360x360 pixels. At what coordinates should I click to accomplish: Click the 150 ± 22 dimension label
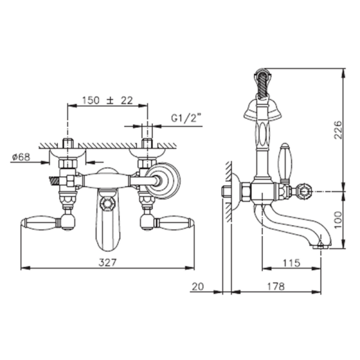point(107,100)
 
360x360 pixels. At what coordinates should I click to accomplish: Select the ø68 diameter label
point(21,157)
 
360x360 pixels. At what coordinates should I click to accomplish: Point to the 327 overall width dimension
point(107,262)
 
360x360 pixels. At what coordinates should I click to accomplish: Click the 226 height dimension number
point(338,130)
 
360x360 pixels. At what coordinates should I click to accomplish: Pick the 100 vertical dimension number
point(338,220)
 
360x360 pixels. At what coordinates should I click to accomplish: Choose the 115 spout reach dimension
point(291,263)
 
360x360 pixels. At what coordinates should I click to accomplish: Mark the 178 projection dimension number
point(275,286)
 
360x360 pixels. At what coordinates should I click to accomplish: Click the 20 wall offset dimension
point(197,286)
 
